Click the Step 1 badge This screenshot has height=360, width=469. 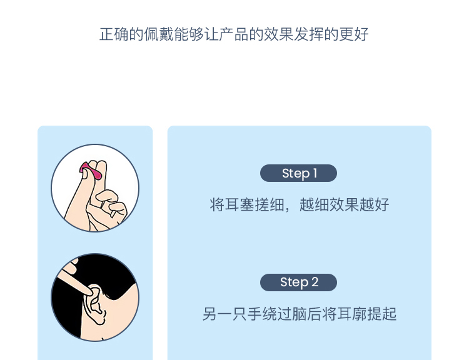point(298,173)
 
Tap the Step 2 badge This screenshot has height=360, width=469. point(298,282)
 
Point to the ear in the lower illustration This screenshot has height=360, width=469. point(94,304)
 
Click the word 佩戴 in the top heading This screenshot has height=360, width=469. point(159,34)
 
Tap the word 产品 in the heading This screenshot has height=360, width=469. point(234,34)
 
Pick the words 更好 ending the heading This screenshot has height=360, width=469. point(354,34)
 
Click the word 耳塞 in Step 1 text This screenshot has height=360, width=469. point(240,205)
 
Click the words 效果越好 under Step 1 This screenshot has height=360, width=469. point(359,205)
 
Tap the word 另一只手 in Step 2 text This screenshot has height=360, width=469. point(233,314)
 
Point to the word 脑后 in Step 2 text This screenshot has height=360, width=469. point(307,314)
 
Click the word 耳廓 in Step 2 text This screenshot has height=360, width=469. point(352,314)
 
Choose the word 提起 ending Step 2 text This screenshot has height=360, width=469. point(382,314)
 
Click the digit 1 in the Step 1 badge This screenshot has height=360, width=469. point(315,173)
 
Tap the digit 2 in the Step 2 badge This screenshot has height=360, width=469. point(315,282)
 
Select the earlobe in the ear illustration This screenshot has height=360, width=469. point(99,319)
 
